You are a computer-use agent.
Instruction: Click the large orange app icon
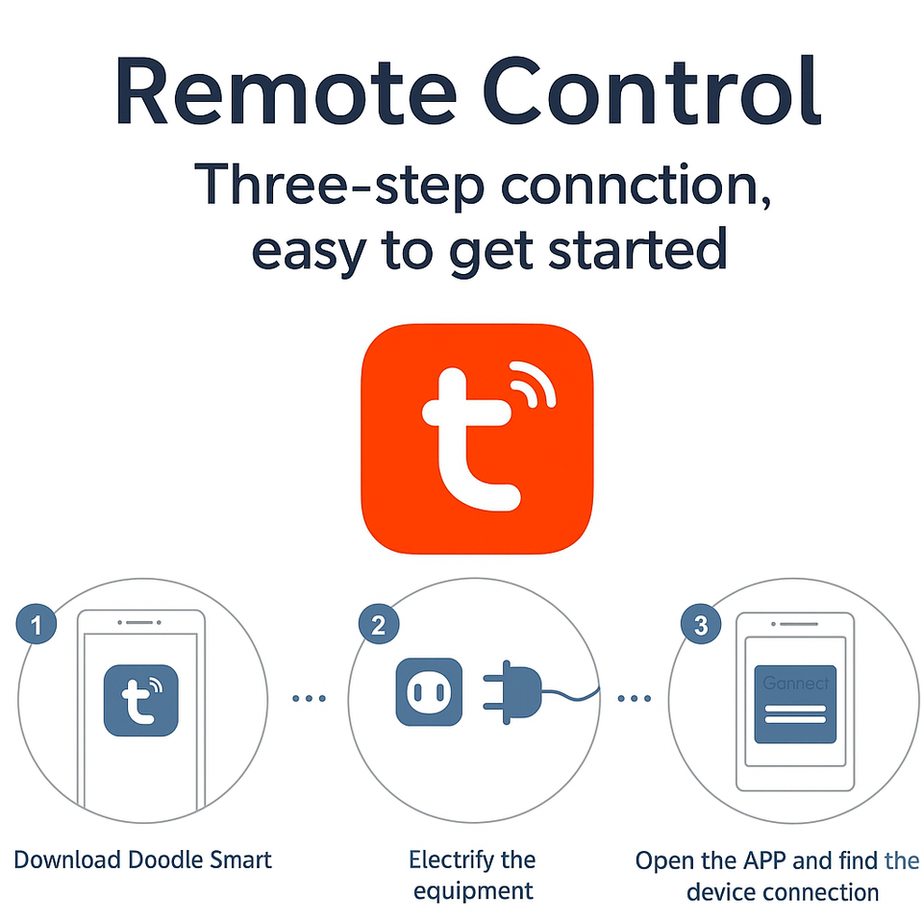point(477,438)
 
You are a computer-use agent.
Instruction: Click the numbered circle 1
point(36,627)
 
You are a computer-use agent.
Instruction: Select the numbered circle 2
point(378,627)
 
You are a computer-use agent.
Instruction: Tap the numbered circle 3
point(701,627)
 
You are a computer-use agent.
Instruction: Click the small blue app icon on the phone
point(139,701)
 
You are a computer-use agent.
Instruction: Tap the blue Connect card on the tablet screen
point(794,703)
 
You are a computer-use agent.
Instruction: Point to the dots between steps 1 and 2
point(309,698)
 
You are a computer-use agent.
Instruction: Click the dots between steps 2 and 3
point(634,698)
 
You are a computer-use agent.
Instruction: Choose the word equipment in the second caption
point(473,890)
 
